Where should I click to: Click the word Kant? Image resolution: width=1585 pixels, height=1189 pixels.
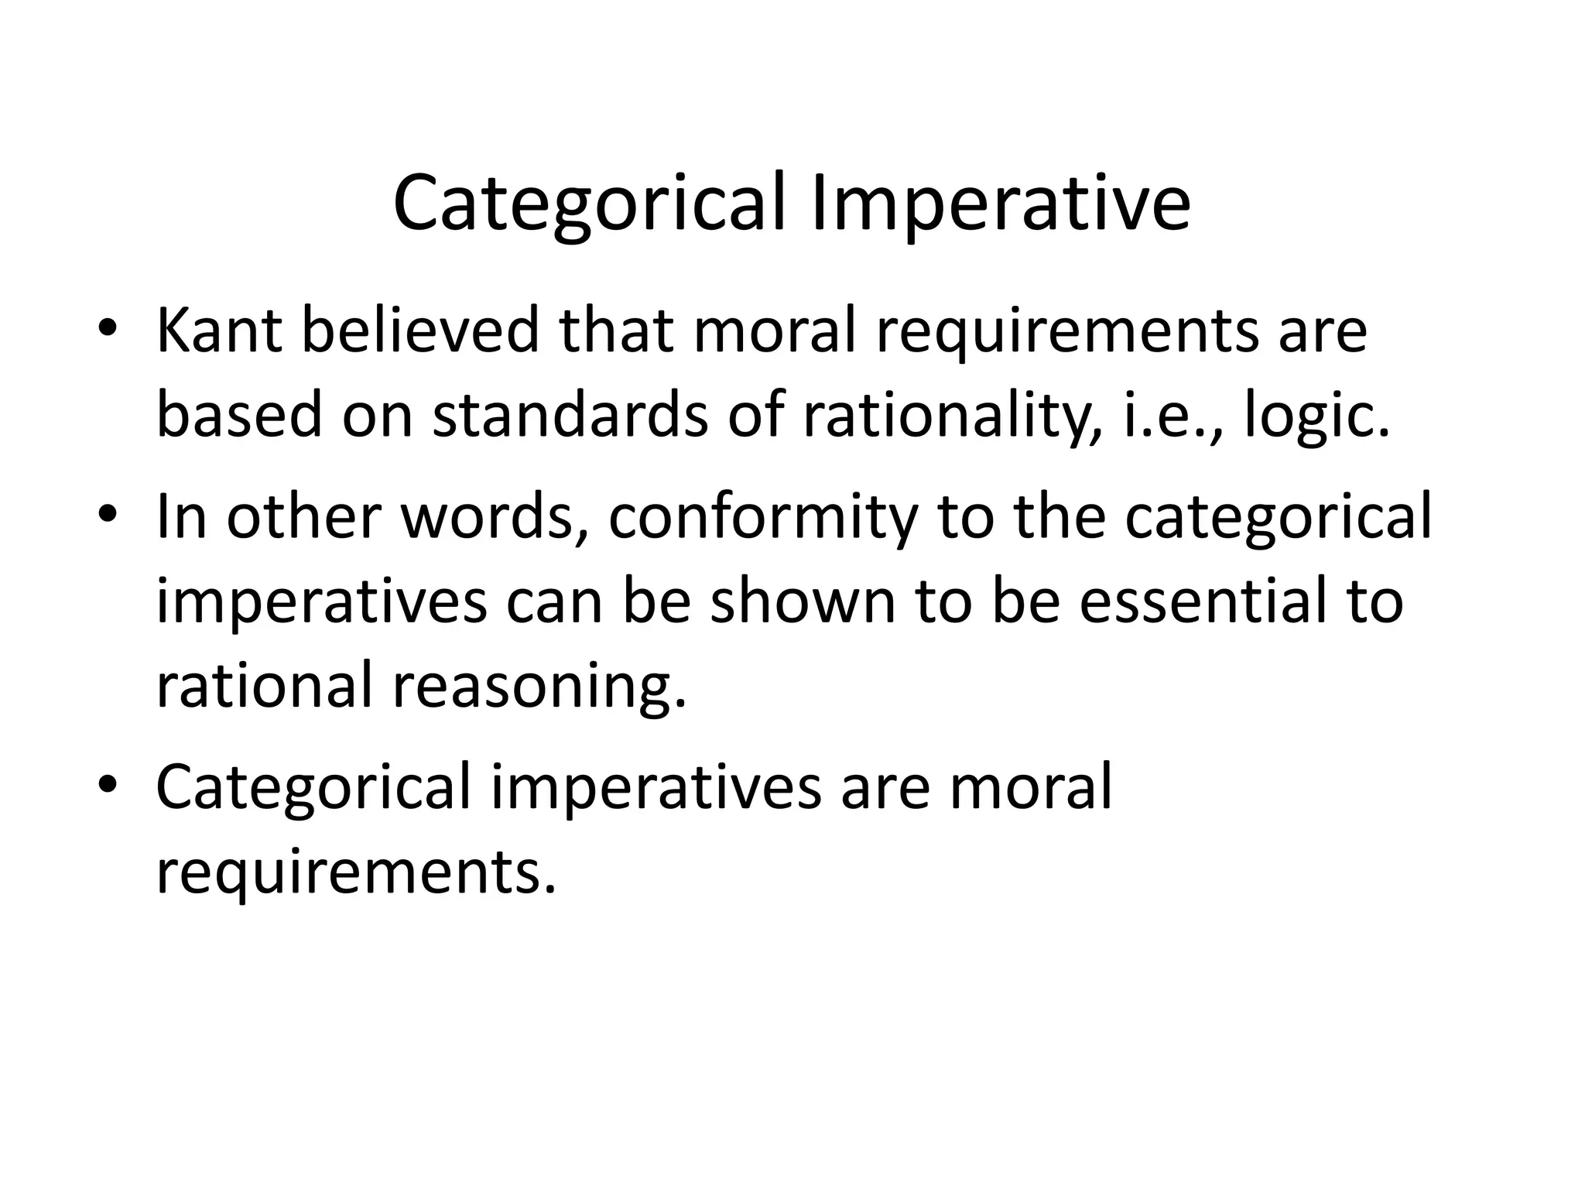[219, 331]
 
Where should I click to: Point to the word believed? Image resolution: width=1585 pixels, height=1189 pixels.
[419, 331]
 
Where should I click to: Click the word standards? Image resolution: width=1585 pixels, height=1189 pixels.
[570, 416]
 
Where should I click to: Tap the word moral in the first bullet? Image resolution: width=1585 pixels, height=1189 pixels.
[775, 331]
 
